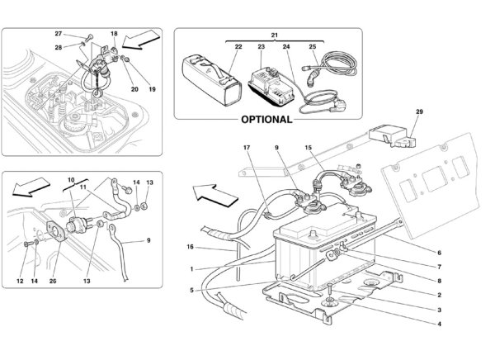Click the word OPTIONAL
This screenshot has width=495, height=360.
click(266, 120)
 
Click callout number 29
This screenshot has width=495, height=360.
click(419, 111)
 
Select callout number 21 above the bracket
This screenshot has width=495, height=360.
click(275, 35)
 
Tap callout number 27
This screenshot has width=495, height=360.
click(59, 34)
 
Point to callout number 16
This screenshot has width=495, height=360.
click(190, 247)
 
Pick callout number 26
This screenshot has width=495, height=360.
click(53, 281)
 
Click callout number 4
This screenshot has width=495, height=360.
click(439, 324)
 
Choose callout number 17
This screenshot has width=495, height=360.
click(247, 147)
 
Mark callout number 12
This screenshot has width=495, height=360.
click(20, 281)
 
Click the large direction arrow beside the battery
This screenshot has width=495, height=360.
click(215, 196)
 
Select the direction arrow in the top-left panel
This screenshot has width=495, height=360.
click(141, 40)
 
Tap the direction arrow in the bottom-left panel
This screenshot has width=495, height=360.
click(31, 187)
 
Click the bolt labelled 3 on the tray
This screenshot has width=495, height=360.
click(329, 295)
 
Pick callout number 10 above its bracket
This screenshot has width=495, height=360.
click(71, 181)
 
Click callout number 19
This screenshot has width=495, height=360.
click(152, 89)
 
